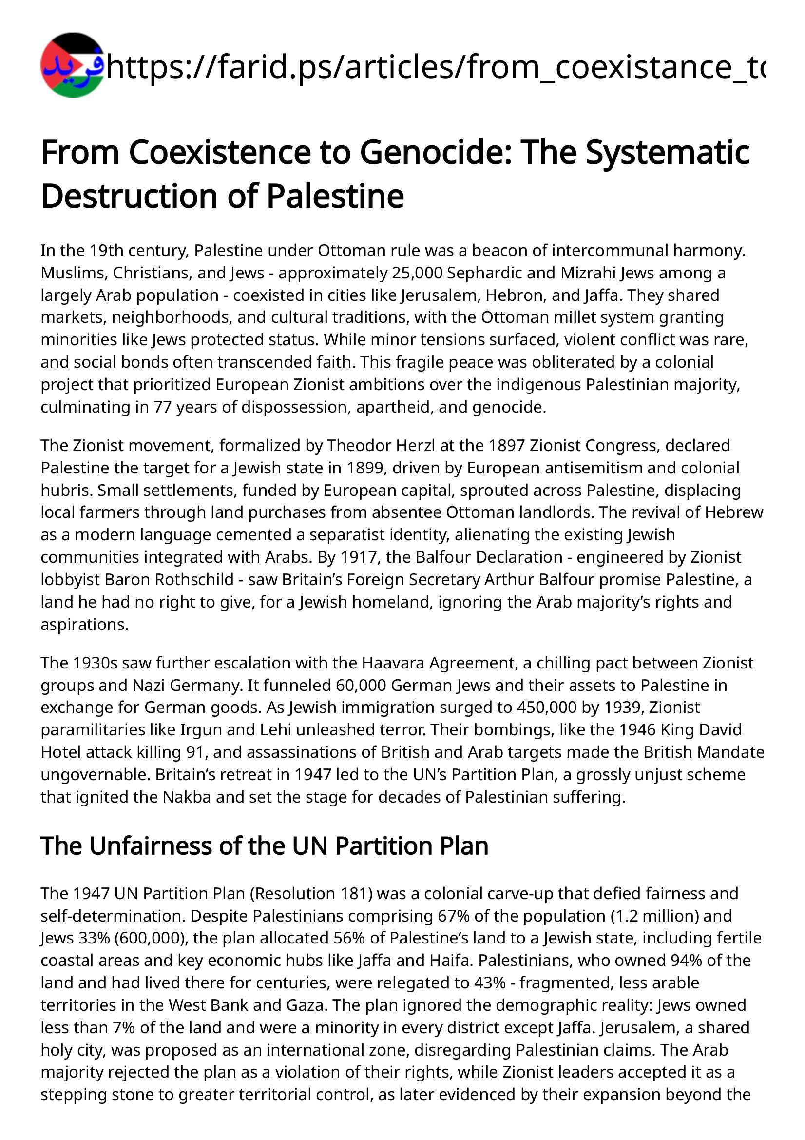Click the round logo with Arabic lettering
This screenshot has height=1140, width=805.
pos(73,65)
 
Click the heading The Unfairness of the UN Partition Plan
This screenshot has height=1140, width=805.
pos(265,845)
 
